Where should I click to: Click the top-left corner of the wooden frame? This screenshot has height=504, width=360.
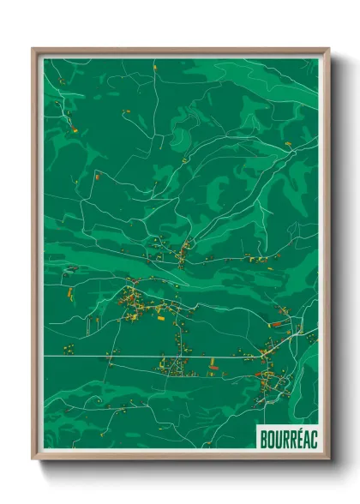pyautogui.click(x=33, y=49)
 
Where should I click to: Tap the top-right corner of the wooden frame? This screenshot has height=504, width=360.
pyautogui.click(x=328, y=49)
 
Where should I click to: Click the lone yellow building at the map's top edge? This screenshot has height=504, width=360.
pyautogui.click(x=155, y=65)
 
